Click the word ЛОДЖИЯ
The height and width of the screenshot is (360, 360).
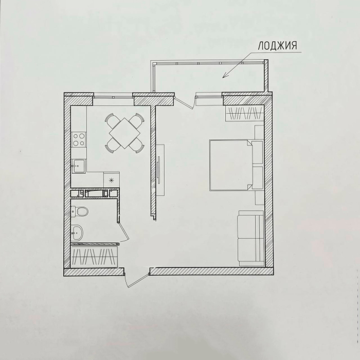tap(277, 46)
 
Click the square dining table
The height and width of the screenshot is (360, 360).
tap(124, 133)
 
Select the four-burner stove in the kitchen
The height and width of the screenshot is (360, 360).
tap(79, 139)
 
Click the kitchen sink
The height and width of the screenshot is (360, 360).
tap(78, 166)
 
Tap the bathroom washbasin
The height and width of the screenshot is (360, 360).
tap(77, 232)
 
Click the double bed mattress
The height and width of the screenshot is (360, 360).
tap(231, 165)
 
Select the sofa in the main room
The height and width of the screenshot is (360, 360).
tap(251, 238)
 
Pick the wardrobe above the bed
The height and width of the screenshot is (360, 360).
tap(245, 113)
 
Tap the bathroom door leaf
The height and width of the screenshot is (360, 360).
tap(123, 231)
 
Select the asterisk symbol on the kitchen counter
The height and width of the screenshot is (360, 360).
tap(112, 180)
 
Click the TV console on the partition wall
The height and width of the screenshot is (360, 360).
tap(160, 170)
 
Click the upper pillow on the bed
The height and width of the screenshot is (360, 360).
tap(257, 152)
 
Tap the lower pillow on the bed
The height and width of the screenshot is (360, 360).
tap(257, 178)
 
